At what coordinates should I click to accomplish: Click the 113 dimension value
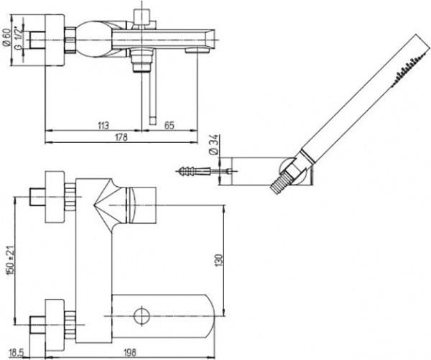pyautogui.click(x=103, y=126)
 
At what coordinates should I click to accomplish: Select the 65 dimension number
pyautogui.click(x=170, y=126)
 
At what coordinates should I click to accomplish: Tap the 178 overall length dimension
pyautogui.click(x=121, y=137)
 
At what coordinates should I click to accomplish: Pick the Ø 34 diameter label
pyautogui.click(x=215, y=144)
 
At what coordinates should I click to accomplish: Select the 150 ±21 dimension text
pyautogui.click(x=11, y=260)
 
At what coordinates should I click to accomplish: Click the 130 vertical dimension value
pyautogui.click(x=219, y=260)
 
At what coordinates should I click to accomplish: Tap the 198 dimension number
pyautogui.click(x=129, y=352)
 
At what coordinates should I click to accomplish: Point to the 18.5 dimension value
pyautogui.click(x=17, y=352)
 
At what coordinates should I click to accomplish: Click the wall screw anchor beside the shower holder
pyautogui.click(x=193, y=171)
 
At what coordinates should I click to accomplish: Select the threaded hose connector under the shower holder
pyautogui.click(x=279, y=183)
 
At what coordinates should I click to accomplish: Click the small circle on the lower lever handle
pyautogui.click(x=142, y=316)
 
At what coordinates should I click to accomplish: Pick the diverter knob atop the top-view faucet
pyautogui.click(x=142, y=17)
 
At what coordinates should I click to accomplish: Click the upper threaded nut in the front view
pyautogui.click(x=70, y=197)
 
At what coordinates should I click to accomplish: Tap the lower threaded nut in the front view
pyautogui.click(x=70, y=325)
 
